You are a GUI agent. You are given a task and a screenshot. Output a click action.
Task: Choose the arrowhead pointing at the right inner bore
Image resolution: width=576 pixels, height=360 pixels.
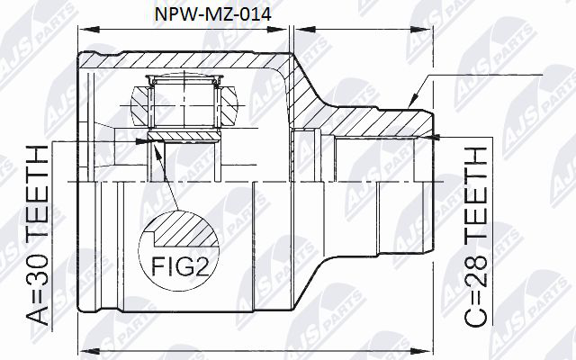[435, 138]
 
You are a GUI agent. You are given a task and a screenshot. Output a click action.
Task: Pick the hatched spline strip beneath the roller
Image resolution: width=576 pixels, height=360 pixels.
[184, 136]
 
